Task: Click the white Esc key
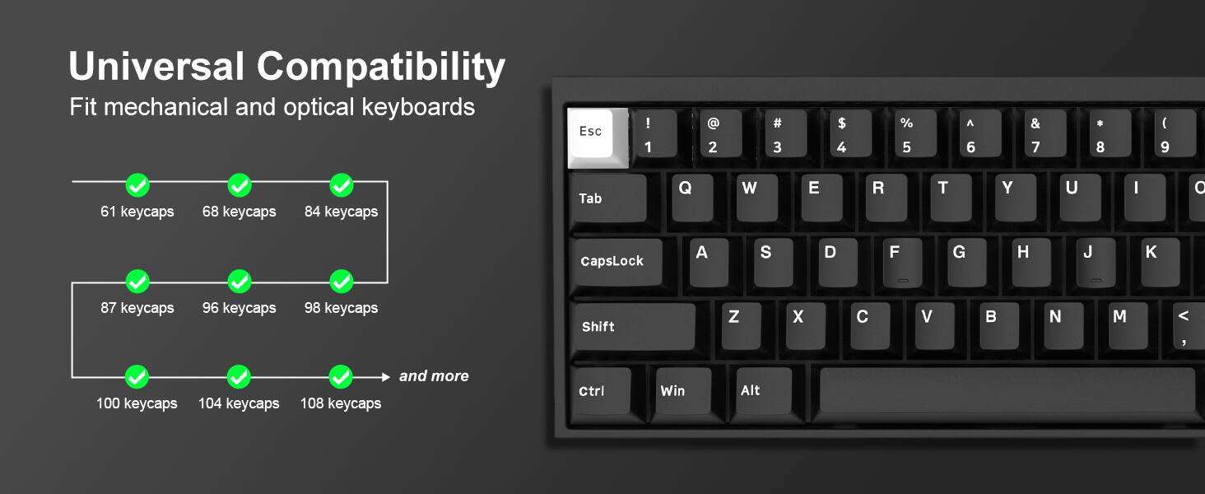[591, 133]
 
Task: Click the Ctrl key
[600, 391]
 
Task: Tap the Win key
[682, 391]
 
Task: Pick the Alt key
[762, 391]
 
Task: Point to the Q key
[691, 196]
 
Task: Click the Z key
[740, 324]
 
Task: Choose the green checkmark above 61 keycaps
[137, 185]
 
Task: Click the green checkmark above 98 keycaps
[341, 282]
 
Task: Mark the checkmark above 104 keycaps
[239, 377]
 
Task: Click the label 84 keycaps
[341, 212]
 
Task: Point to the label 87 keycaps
[137, 308]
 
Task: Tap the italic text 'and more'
[434, 376]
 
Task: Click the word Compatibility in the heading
[381, 67]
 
